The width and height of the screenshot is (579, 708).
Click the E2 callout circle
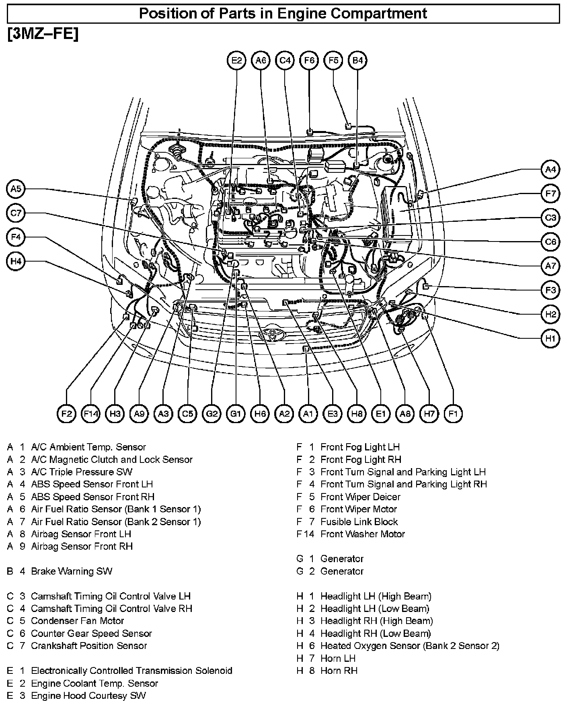(236, 60)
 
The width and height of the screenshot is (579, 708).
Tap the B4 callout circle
(357, 60)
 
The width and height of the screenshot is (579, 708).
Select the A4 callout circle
(550, 170)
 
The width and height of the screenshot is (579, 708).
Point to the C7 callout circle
(16, 213)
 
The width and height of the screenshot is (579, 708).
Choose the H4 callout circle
(16, 262)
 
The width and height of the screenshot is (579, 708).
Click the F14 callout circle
(90, 413)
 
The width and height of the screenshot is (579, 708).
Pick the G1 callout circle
(236, 413)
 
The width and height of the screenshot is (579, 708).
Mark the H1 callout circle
(550, 338)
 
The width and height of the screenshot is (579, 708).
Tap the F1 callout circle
(453, 413)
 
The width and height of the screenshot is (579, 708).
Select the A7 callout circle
(550, 266)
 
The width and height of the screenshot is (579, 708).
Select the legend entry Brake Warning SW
(72, 571)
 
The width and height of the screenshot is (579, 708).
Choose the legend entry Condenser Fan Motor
(77, 621)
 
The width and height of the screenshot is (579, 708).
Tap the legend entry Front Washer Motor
(362, 534)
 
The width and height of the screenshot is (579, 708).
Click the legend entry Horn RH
(339, 671)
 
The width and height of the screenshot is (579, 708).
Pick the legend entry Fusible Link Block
(359, 522)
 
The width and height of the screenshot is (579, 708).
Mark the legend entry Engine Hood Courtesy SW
(88, 696)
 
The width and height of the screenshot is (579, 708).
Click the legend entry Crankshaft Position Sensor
(89, 646)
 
